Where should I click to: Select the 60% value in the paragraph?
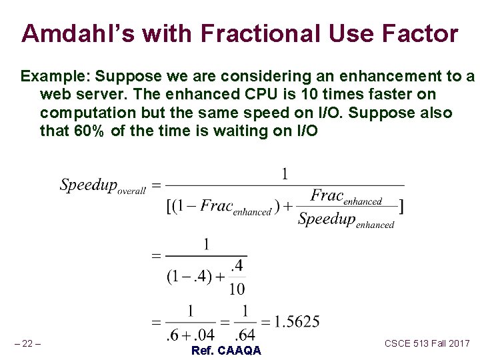(89, 131)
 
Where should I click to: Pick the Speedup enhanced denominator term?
(346, 221)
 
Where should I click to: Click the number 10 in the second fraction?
(237, 289)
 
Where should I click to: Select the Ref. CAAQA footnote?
(226, 351)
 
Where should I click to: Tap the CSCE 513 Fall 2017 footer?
(427, 343)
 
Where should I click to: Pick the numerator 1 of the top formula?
(285, 174)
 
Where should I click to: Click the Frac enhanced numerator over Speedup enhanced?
(346, 197)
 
